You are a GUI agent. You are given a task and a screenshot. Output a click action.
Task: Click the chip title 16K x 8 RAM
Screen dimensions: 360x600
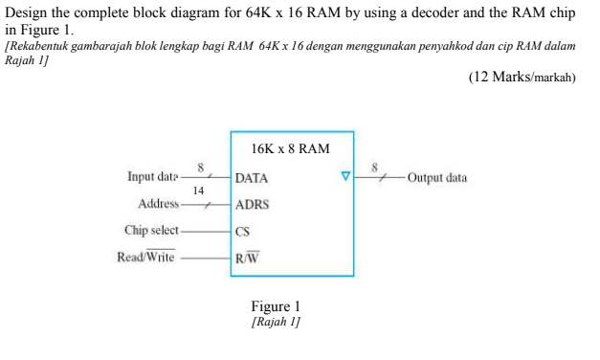[290, 149]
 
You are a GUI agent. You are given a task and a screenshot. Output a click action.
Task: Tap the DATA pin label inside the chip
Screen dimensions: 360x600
[252, 178]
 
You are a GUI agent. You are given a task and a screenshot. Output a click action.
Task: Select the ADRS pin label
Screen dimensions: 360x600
[252, 204]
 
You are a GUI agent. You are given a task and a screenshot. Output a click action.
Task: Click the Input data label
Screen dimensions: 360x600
[153, 177]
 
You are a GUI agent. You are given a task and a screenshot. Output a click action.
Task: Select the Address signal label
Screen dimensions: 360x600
[159, 204]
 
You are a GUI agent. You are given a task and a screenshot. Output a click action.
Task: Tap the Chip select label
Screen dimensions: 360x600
[151, 231]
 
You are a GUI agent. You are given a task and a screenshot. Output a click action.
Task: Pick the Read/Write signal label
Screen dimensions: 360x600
[145, 257]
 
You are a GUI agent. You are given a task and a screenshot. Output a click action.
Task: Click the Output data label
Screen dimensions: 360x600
[436, 178]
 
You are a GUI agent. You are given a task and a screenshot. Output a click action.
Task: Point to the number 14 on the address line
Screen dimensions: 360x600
[198, 191]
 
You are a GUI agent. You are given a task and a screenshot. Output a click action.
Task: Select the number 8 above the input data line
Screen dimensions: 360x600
[201, 166]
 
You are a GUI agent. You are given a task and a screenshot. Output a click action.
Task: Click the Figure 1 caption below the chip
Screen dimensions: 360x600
[275, 306]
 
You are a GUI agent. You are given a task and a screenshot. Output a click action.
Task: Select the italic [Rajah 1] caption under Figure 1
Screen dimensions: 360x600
[275, 323]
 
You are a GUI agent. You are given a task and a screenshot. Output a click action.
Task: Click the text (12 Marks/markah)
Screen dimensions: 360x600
[522, 78]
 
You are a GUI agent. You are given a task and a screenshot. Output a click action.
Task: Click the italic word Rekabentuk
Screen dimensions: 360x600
[44, 45]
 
